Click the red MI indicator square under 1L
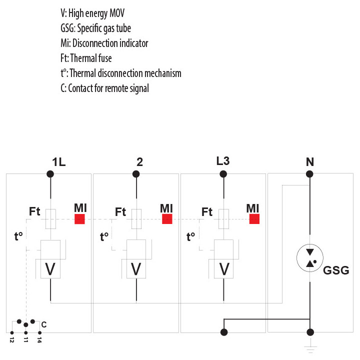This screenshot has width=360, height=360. (79, 219)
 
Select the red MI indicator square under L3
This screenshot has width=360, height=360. (254, 219)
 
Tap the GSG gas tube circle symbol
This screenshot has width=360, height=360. (310, 258)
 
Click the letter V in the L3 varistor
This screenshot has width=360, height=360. (224, 268)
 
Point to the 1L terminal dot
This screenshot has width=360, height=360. (50, 174)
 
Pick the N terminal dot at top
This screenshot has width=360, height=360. (309, 174)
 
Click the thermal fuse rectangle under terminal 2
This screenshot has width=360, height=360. (136, 219)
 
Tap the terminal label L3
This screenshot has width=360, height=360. (223, 161)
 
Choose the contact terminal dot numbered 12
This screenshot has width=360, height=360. (12, 332)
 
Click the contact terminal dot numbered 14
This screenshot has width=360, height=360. (39, 332)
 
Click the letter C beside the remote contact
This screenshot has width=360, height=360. (44, 324)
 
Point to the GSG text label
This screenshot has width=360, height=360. (336, 270)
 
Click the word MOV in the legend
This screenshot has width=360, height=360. (117, 13)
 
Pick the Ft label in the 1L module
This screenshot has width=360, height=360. (34, 211)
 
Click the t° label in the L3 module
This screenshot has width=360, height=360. (190, 236)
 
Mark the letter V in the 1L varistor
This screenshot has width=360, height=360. (50, 268)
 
